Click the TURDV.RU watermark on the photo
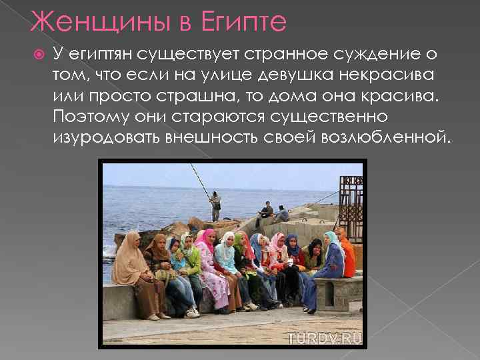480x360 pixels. [325, 338]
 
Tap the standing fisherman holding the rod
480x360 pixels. [215, 205]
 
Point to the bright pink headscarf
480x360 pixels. [207, 240]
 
